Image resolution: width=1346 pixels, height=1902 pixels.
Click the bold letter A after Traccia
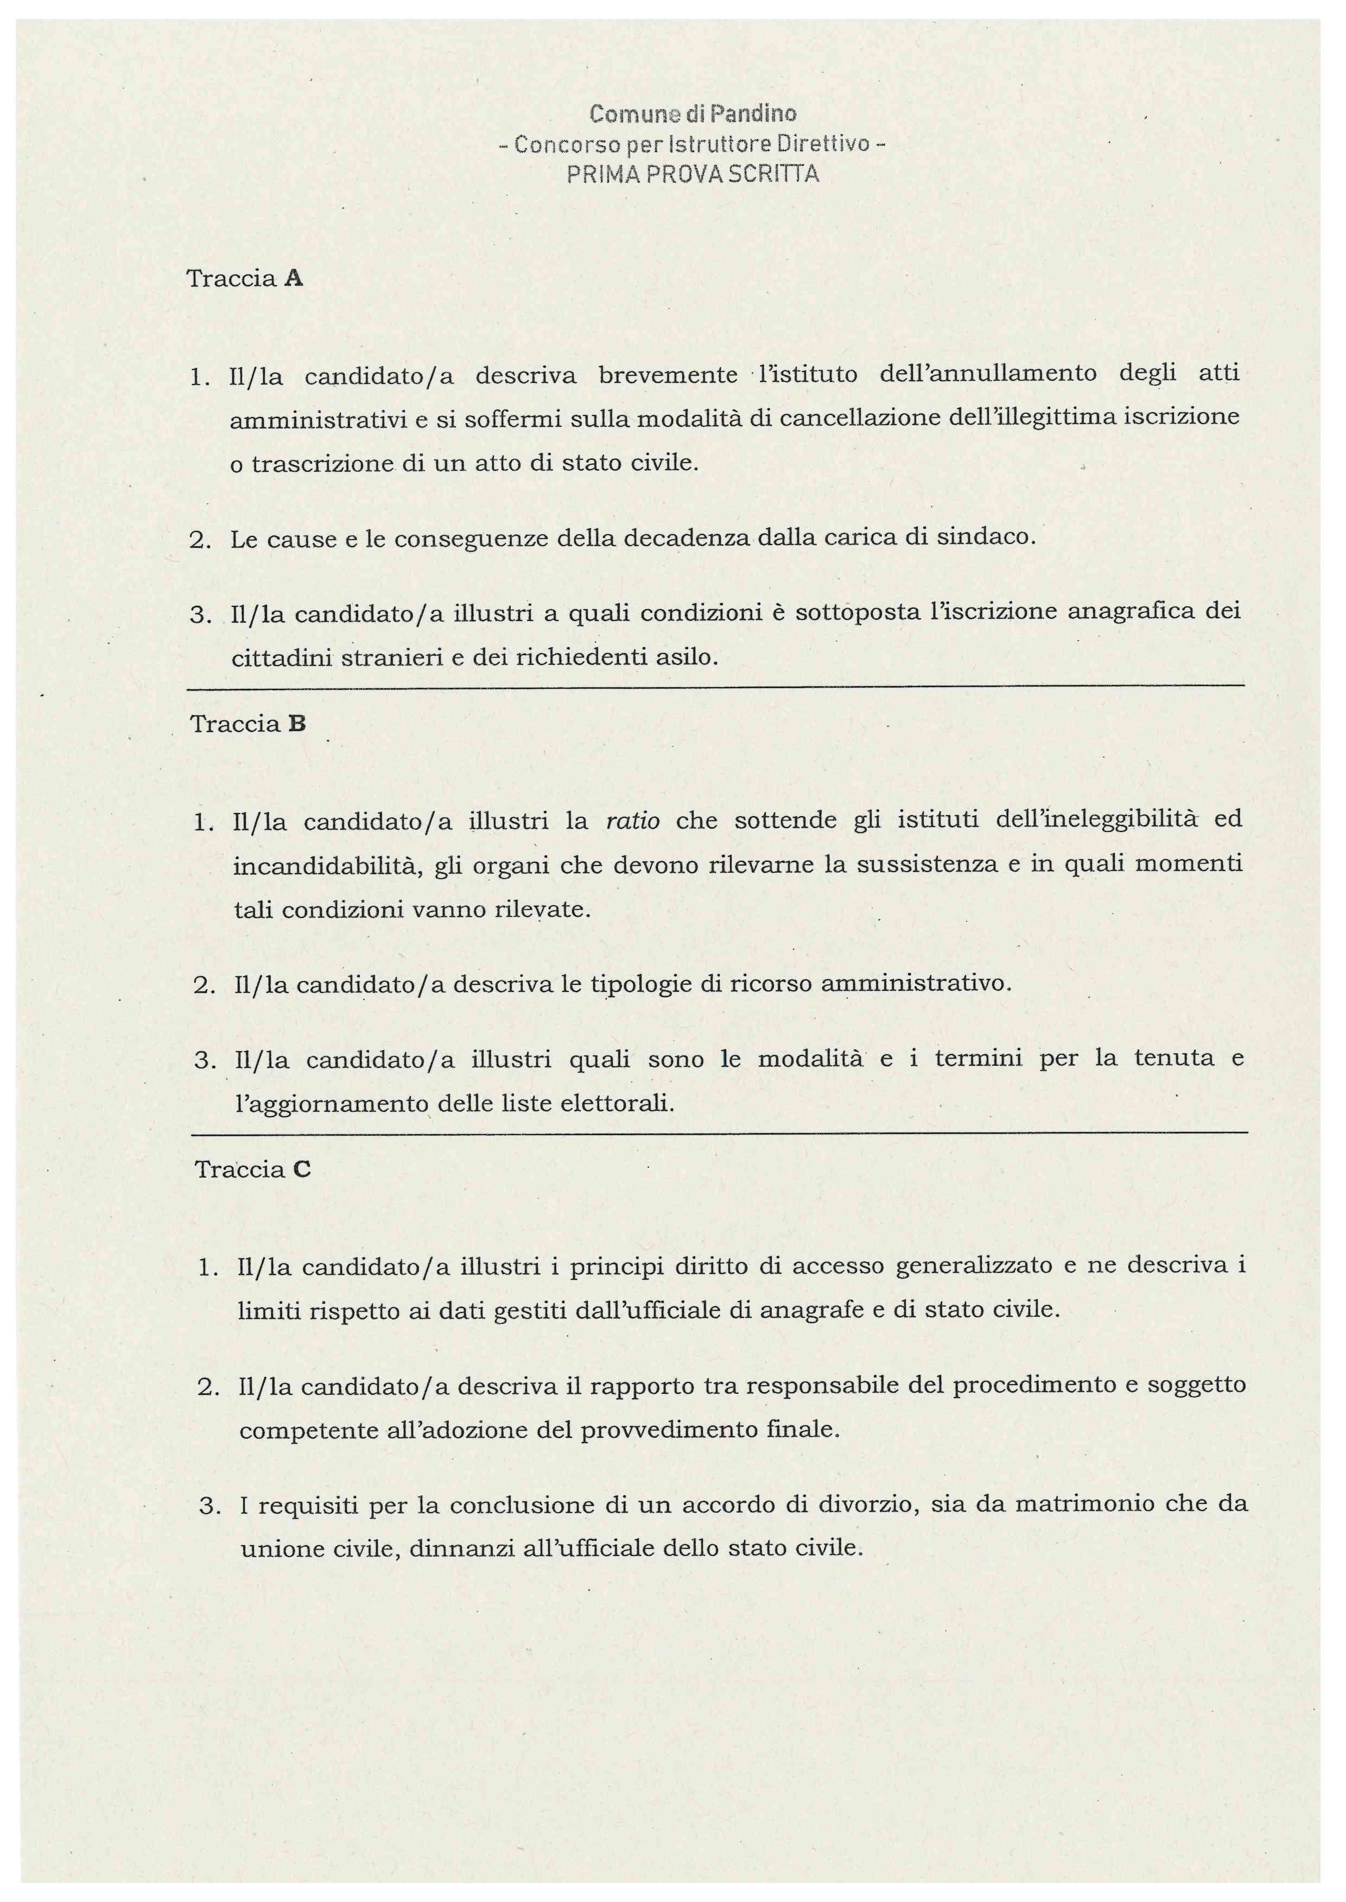coord(294,279)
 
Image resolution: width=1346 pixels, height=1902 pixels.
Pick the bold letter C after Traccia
coord(302,1170)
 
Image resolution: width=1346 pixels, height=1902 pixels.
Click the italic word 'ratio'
coord(633,822)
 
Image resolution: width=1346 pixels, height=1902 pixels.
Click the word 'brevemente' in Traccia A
coord(668,375)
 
